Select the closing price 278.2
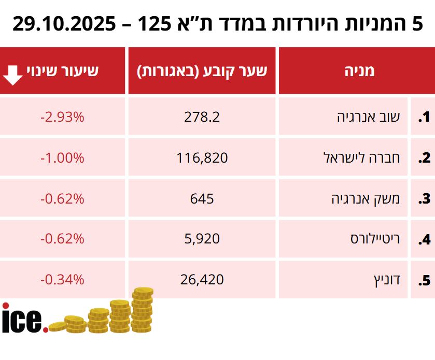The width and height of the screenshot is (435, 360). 202,117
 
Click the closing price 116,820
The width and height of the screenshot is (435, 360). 202,157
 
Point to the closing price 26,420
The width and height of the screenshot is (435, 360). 202,280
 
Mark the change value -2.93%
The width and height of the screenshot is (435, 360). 62,117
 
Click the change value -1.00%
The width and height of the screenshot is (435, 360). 62,157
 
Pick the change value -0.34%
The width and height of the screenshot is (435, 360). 62,280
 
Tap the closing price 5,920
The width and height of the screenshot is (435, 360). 202,239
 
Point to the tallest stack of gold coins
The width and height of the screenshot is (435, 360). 142,310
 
